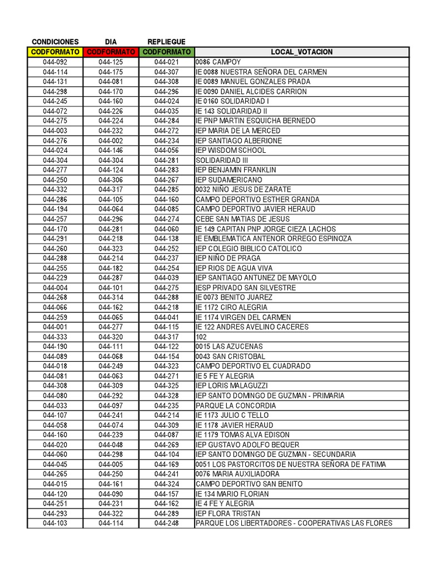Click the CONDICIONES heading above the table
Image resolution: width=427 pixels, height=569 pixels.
tap(55, 42)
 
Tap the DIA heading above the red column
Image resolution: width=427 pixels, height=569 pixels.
tap(111, 42)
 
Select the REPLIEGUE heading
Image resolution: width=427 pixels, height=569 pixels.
tap(166, 42)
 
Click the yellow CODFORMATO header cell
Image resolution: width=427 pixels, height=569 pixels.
tap(55, 52)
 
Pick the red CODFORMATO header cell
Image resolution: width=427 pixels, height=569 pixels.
tap(111, 52)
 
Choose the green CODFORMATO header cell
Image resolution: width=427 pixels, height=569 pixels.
tap(166, 52)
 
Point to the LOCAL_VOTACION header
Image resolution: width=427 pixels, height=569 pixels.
tap(301, 52)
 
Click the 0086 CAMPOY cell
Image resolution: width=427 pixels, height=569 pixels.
tap(219, 62)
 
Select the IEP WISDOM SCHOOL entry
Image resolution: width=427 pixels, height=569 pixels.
tap(231, 150)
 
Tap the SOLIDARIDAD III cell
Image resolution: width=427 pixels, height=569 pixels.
tap(222, 160)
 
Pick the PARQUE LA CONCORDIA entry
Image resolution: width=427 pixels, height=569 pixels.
tap(236, 406)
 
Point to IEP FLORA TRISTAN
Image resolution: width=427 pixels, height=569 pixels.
tap(228, 513)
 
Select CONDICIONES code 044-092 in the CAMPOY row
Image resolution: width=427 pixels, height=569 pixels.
tap(55, 62)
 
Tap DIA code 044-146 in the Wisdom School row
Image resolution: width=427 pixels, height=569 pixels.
tap(111, 150)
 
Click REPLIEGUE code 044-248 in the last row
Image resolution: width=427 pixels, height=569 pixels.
tap(166, 523)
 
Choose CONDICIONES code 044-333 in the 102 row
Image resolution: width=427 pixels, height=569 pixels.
tap(55, 337)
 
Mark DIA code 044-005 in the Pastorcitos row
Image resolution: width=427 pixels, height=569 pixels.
tap(111, 465)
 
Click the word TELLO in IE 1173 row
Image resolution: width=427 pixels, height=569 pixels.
tap(257, 415)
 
